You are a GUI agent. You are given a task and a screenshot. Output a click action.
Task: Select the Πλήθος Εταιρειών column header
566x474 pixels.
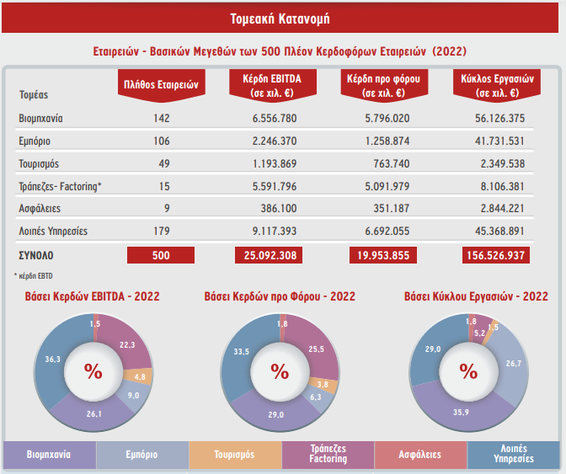click(x=160, y=84)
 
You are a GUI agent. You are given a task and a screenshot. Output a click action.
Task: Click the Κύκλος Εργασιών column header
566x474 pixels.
click(x=489, y=85)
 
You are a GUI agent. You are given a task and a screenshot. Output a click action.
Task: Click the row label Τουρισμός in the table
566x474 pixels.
click(x=38, y=162)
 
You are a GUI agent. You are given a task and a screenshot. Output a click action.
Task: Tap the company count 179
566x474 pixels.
click(x=162, y=230)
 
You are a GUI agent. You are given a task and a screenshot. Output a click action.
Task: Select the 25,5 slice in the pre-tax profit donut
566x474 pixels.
click(x=318, y=347)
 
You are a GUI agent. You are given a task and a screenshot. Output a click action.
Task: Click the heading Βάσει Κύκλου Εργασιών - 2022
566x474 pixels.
click(x=476, y=296)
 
